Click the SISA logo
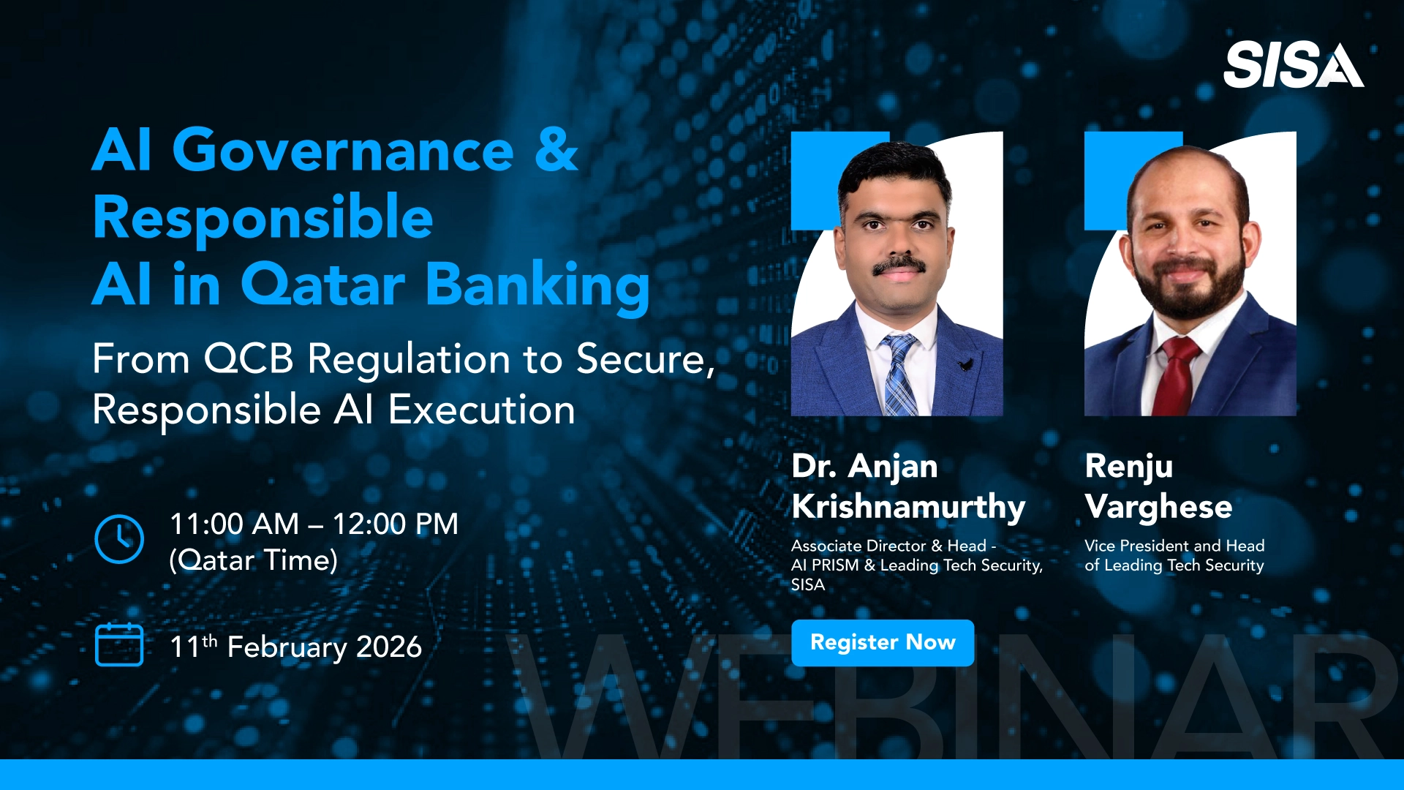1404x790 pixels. click(1293, 65)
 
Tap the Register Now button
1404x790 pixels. click(883, 643)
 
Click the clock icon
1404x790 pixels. click(119, 539)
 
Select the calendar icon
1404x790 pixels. click(119, 644)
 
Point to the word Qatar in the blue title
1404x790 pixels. click(322, 284)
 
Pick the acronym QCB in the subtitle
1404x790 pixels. click(249, 359)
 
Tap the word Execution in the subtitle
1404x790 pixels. click(481, 410)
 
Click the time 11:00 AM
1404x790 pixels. click(235, 524)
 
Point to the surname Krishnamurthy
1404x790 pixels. click(908, 507)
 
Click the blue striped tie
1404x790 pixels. click(899, 375)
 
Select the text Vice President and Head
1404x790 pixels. click(1174, 546)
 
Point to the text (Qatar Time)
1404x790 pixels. click(253, 560)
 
